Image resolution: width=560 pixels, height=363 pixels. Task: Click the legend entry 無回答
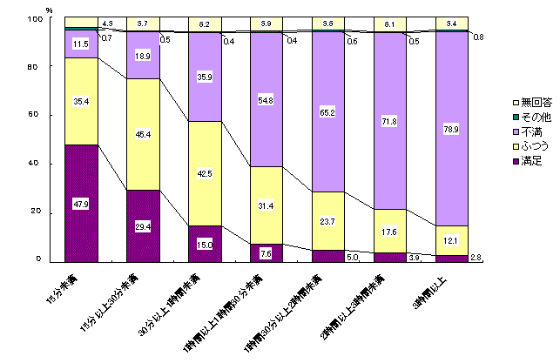507,104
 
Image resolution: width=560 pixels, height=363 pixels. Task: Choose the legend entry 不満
505,129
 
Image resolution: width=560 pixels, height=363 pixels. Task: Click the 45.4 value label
143,134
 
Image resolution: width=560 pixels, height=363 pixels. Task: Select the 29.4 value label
143,225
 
